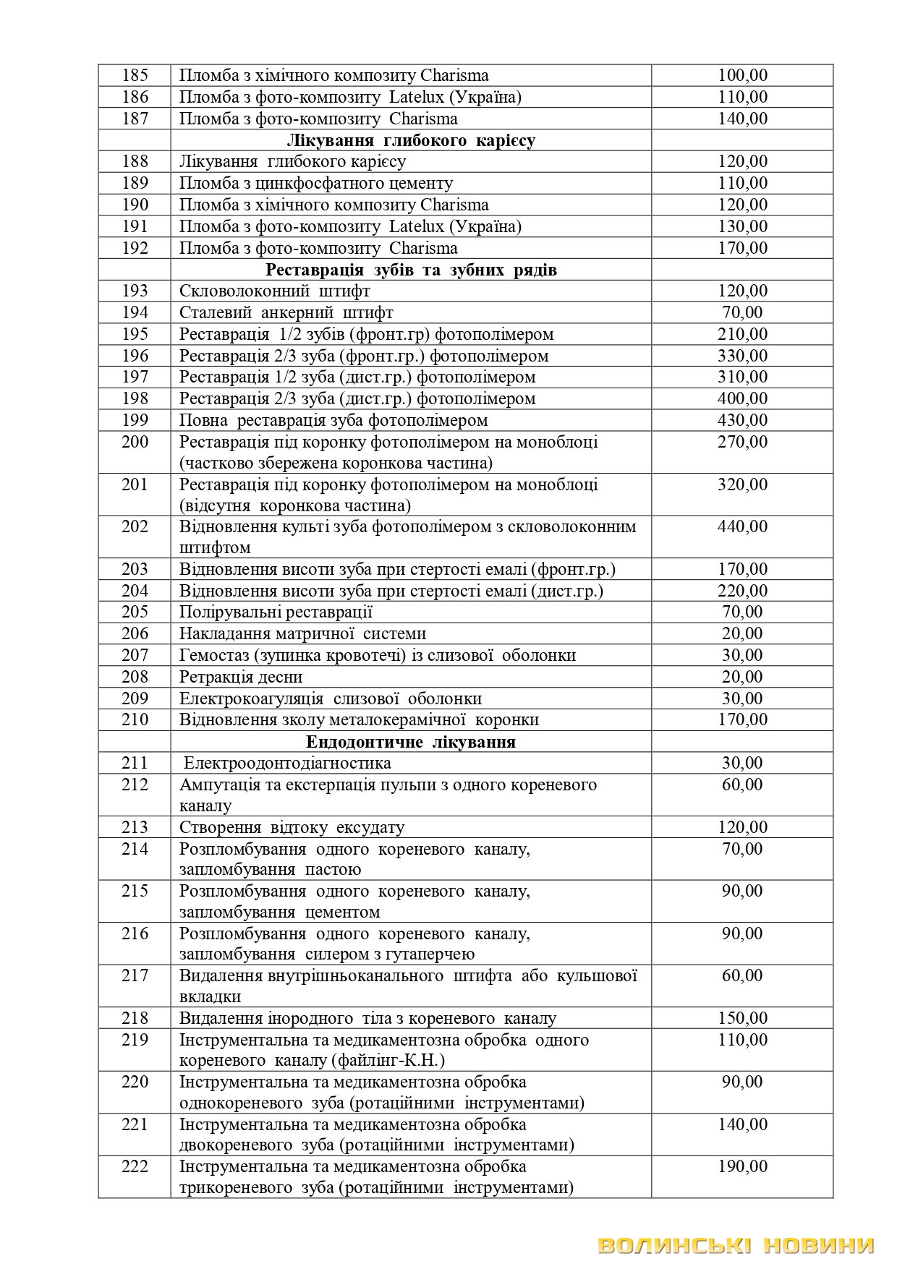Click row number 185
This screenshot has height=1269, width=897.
135,75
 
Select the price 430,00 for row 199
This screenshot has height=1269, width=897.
742,420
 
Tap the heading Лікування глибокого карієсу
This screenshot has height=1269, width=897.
411,140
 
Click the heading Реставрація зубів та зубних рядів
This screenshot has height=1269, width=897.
411,270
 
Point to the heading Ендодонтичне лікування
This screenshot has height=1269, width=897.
411,742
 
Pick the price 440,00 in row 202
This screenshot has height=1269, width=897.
742,526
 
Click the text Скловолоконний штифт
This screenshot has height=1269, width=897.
275,291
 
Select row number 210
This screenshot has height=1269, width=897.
135,719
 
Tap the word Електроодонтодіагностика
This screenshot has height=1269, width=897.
287,763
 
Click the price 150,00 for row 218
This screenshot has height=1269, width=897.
742,1018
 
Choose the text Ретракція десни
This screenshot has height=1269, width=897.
241,677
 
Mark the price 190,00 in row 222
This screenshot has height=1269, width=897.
742,1166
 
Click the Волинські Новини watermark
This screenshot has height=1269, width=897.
736,1245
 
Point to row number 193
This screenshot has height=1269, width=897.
135,291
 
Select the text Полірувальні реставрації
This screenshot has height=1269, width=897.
276,612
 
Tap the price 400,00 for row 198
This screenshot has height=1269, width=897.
742,398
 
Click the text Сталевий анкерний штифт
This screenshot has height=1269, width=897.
286,312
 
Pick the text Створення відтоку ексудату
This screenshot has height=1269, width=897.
292,827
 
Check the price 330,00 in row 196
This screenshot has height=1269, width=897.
742,356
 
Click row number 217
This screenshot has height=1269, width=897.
135,975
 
